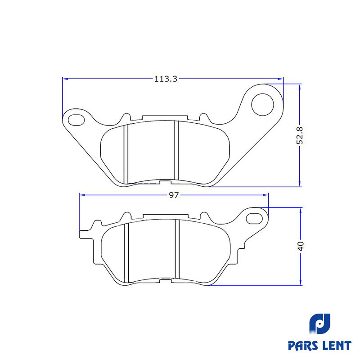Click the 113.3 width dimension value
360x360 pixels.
pos(166,79)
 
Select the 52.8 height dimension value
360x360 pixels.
pos(300,136)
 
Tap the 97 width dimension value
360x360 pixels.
pos(174,195)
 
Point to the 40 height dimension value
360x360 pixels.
pos(301,246)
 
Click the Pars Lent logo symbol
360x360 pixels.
pos(320,324)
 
